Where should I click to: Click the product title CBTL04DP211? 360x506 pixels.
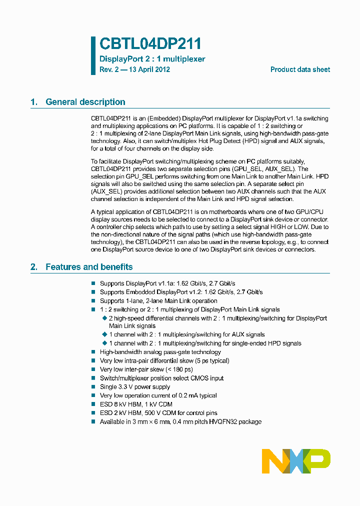click(150, 44)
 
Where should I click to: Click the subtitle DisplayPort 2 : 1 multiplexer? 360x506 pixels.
click(152, 59)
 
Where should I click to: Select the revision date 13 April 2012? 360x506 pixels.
click(149, 69)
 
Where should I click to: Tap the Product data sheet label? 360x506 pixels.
click(300, 69)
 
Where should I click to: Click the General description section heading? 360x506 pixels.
click(85, 102)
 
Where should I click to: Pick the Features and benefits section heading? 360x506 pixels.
click(89, 267)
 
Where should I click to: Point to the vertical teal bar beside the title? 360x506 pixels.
click(93, 55)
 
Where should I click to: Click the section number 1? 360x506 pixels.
click(33, 102)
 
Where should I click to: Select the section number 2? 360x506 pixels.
click(33, 267)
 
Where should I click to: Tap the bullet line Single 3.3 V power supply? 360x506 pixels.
click(135, 387)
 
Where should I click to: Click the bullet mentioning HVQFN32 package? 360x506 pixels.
click(180, 422)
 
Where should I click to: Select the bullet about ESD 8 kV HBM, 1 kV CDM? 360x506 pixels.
click(138, 404)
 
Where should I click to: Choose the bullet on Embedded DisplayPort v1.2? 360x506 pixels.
click(181, 292)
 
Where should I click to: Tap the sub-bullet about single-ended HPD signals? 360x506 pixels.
click(205, 343)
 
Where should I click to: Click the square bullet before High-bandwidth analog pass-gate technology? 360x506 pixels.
click(93, 352)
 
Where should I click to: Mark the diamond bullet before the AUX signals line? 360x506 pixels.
click(104, 334)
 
